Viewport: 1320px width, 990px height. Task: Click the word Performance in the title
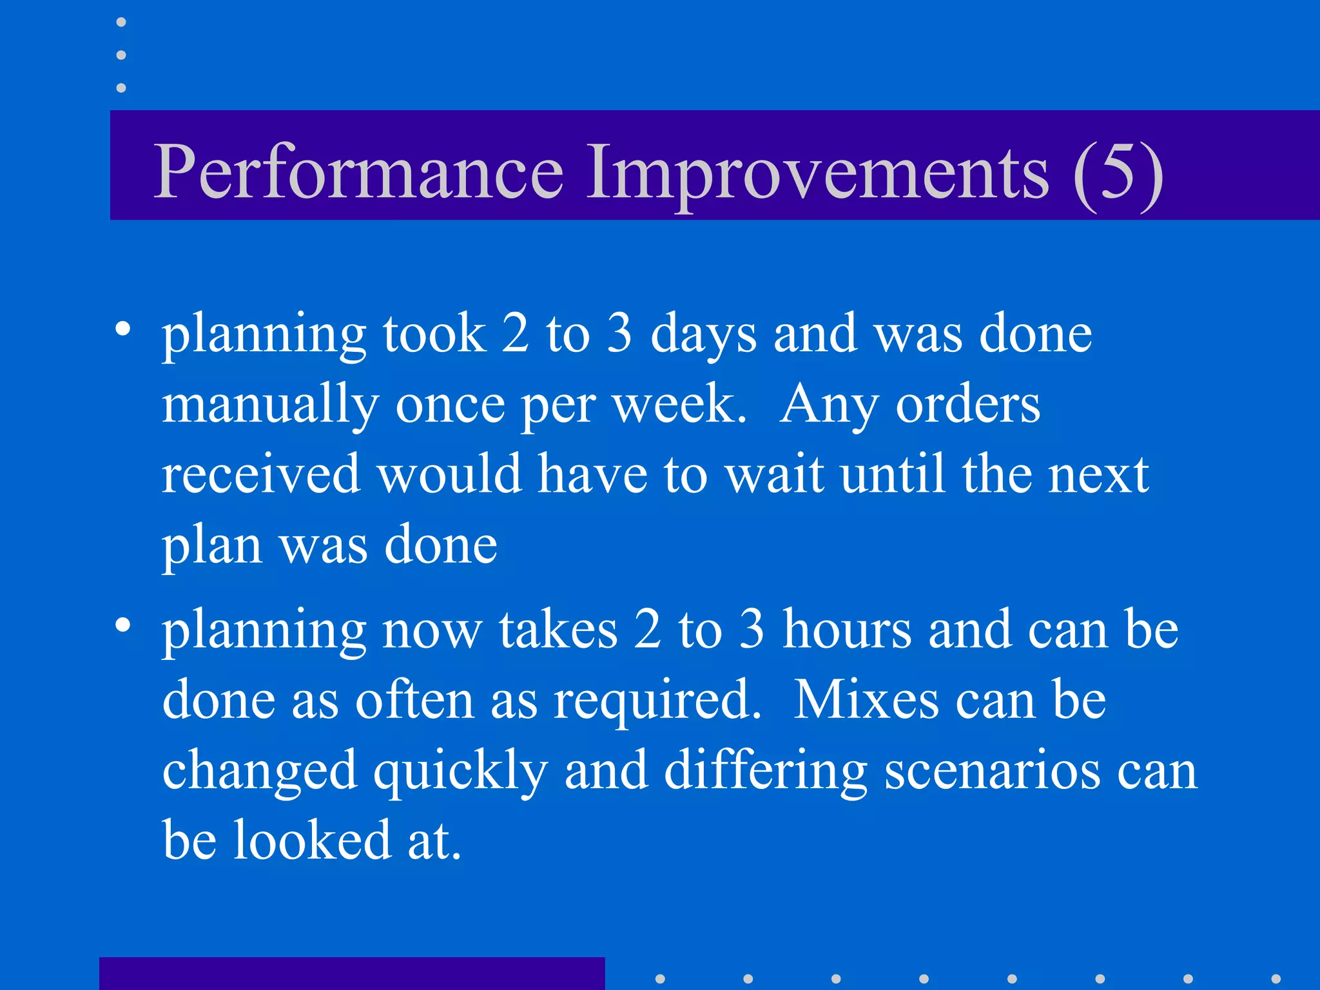pos(358,171)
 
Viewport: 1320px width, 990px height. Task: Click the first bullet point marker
pos(123,330)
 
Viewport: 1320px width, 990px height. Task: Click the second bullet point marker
pos(123,625)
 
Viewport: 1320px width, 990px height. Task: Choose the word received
pos(260,474)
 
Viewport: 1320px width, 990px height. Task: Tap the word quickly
pos(460,771)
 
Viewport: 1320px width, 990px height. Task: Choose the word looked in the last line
pos(312,840)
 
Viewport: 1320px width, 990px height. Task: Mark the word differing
pos(765,771)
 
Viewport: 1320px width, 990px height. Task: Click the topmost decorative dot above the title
pos(121,23)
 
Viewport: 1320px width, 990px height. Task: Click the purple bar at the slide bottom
pos(352,973)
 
